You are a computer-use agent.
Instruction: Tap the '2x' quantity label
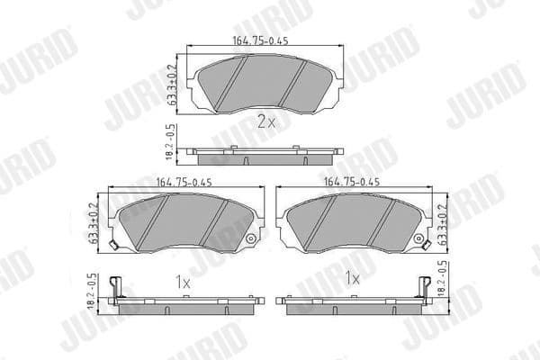click(x=265, y=123)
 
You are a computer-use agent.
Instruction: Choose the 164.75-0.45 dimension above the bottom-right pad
click(x=353, y=182)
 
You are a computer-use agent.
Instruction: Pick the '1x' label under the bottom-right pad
click(x=352, y=280)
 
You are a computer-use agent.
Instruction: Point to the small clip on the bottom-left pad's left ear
click(x=112, y=247)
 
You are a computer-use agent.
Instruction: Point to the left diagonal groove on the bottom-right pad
click(x=322, y=220)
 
